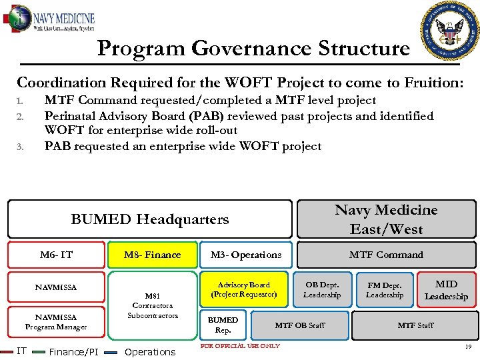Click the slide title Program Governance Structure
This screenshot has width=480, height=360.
click(x=253, y=48)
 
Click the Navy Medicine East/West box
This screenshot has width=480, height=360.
click(x=386, y=219)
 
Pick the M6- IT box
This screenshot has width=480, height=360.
click(x=56, y=255)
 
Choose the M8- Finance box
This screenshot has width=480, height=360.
click(x=153, y=255)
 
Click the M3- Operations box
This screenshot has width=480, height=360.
click(x=246, y=255)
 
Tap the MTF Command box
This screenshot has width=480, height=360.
click(x=386, y=255)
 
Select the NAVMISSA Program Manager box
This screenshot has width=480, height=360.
click(x=56, y=322)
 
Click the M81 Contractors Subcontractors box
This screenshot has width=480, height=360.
click(x=153, y=305)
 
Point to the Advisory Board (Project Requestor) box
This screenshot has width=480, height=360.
click(x=243, y=289)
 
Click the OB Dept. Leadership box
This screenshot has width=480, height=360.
click(x=322, y=289)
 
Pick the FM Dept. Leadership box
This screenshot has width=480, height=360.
click(x=385, y=289)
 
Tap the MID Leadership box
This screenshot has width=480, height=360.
click(x=446, y=290)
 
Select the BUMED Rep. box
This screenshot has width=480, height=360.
click(x=223, y=325)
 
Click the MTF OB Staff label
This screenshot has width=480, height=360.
click(x=300, y=325)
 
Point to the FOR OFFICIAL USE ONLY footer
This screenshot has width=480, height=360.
click(x=241, y=345)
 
